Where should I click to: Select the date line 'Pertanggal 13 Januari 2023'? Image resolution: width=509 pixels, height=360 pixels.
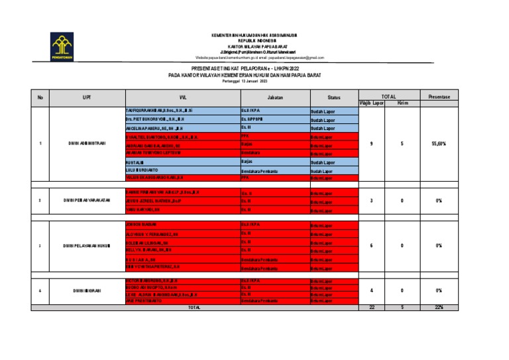[245, 81]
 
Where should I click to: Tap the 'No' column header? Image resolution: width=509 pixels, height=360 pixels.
[40, 97]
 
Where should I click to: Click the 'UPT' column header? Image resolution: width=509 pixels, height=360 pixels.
[86, 97]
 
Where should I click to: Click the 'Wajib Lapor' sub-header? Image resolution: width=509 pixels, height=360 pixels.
[372, 103]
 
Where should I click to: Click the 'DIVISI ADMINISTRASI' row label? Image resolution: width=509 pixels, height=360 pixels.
[86, 143]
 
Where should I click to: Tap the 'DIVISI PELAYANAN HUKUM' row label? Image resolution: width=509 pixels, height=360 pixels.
[86, 245]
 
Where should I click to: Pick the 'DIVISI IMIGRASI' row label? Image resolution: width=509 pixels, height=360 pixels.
[86, 291]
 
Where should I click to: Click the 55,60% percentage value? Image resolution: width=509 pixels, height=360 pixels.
[439, 143]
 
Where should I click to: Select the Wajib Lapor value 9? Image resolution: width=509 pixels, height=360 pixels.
[372, 143]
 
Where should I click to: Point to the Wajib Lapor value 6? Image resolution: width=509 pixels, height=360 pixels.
[372, 245]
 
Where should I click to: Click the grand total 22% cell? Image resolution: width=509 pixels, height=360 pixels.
[439, 307]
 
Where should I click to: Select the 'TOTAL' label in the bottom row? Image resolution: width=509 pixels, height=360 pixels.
[194, 308]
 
